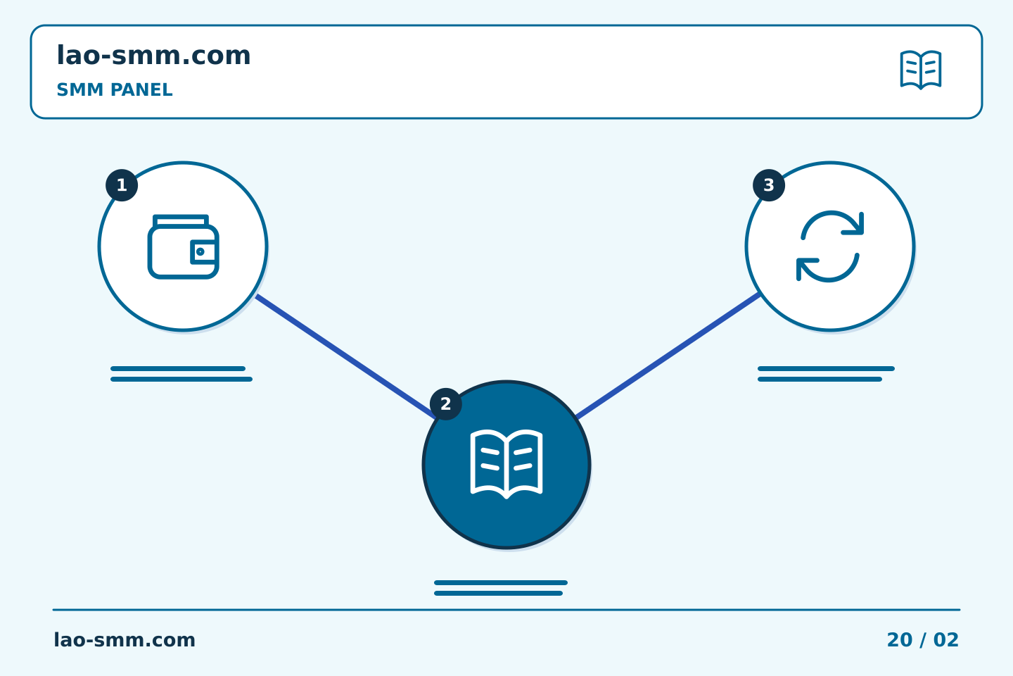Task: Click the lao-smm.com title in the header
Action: (x=153, y=56)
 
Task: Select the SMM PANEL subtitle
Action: (x=115, y=89)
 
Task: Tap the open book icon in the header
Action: (x=921, y=70)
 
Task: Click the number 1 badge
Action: (x=122, y=185)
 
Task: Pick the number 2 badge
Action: (x=445, y=404)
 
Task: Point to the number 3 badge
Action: (x=769, y=185)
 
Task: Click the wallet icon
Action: (x=183, y=246)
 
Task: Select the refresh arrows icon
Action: (x=830, y=246)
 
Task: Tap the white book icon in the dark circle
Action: (x=507, y=464)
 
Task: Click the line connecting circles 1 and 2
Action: (x=345, y=356)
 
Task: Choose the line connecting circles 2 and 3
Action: (x=668, y=356)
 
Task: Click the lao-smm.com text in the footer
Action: (x=125, y=640)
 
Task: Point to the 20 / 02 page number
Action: (x=922, y=640)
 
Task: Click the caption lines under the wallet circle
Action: (x=181, y=374)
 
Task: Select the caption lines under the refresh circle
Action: (x=826, y=374)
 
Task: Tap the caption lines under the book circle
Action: (x=501, y=588)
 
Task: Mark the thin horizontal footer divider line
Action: (x=507, y=610)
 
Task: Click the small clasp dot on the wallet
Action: (x=200, y=252)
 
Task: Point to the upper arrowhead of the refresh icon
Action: (x=854, y=224)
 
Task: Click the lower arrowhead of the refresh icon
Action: (x=807, y=269)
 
